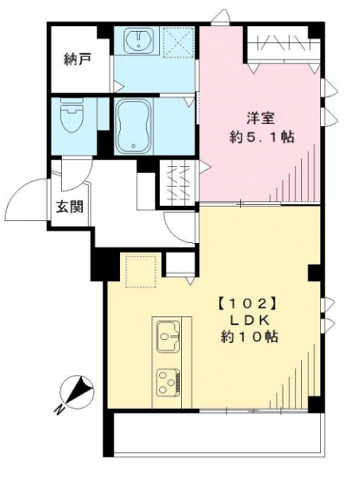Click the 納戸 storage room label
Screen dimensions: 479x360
[x=76, y=58]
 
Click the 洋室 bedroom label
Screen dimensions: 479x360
[x=261, y=118]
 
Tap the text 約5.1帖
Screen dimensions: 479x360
[x=261, y=137]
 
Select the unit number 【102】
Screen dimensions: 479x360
[x=246, y=303]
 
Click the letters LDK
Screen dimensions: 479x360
[x=246, y=319]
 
